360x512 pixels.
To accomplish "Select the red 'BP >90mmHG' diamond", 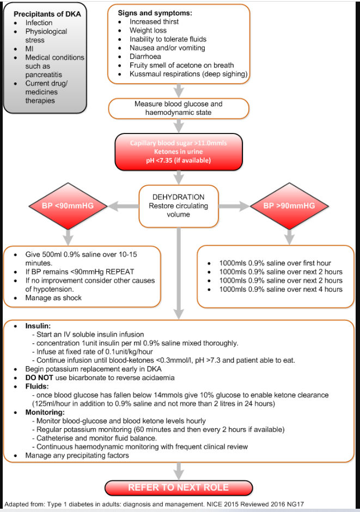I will pos(289,206).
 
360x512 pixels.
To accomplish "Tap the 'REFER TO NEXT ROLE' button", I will pos(179,487).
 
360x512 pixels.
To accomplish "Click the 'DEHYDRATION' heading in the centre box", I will pos(179,197).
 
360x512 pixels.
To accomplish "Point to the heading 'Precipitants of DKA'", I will pos(47,14).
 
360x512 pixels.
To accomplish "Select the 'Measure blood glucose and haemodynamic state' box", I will pos(179,108).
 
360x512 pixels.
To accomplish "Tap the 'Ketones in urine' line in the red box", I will pos(178,152).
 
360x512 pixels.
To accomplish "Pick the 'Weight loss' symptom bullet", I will pos(148,30).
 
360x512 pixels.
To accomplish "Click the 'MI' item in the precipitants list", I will pos(29,48).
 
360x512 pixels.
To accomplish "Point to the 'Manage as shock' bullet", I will pos(53,298).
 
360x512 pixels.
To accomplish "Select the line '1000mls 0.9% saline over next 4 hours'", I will pos(280,289).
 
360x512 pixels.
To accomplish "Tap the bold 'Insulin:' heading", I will pos(39,325).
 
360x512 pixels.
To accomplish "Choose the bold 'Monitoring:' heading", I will pos(45,412).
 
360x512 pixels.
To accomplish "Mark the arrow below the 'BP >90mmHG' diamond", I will pos(289,235).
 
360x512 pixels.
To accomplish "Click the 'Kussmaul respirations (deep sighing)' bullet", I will pos(188,74).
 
